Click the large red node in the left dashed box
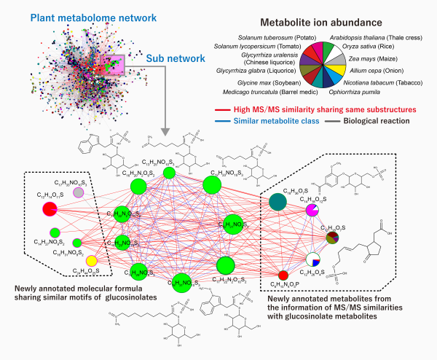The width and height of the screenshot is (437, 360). point(50,211)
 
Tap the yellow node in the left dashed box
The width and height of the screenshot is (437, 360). point(91,261)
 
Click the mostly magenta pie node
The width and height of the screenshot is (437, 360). point(312,211)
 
